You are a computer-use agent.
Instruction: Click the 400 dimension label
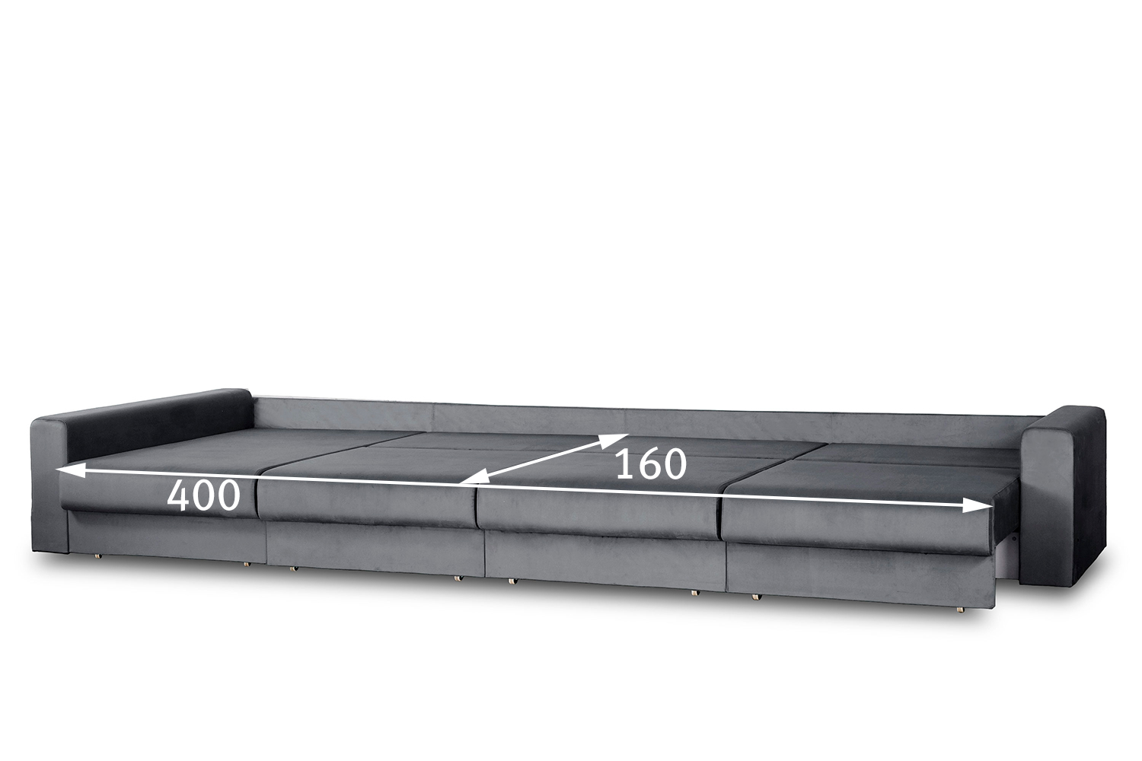pos(203,495)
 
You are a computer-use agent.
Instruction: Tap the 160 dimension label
pos(651,464)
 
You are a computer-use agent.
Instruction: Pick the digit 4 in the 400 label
pos(178,495)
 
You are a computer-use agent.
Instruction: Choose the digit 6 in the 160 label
pos(652,464)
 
